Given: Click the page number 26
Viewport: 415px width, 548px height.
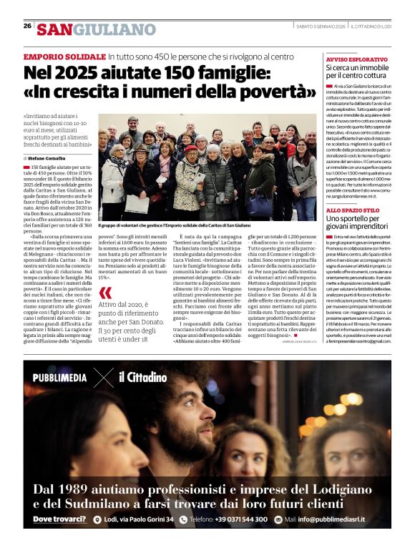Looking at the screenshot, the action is [27, 26].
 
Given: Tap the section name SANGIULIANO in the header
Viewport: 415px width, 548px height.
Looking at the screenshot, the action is [97, 29].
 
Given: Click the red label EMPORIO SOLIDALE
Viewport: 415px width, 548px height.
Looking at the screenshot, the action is [64, 56].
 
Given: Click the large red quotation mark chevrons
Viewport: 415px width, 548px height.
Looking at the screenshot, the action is [106, 293].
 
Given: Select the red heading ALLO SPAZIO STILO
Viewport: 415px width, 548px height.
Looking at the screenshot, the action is [353, 210].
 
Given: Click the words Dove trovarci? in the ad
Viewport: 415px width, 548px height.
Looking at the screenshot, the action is [60, 519].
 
